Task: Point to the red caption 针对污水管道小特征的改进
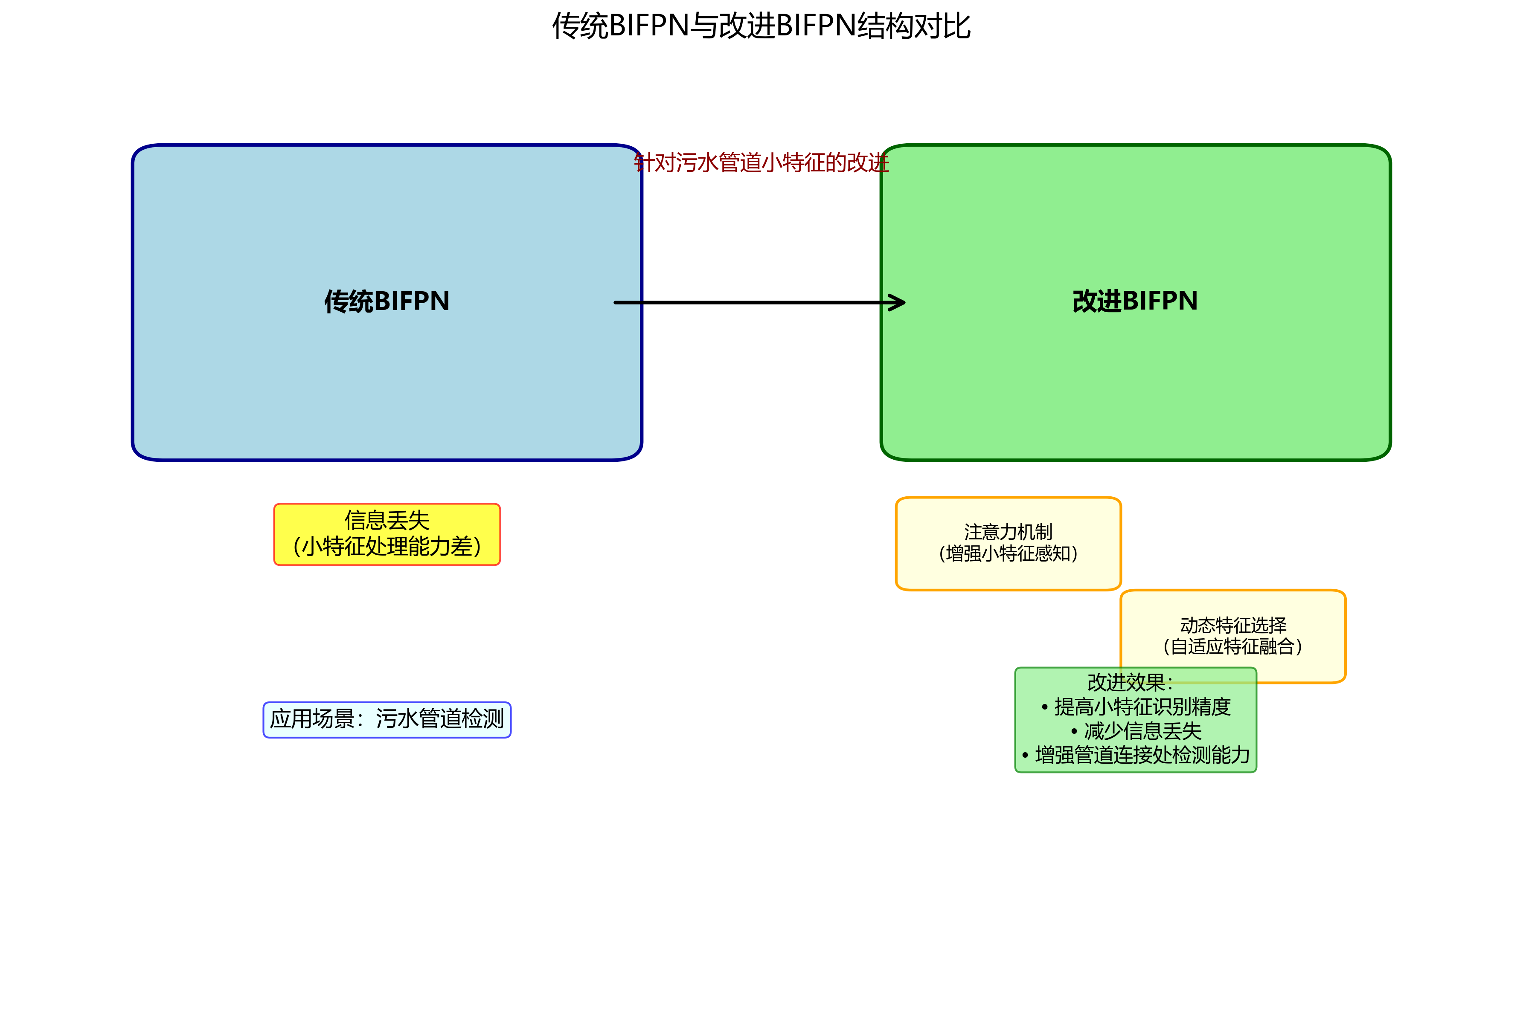point(761,162)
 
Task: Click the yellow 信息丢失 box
point(387,535)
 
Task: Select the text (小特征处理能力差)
point(387,547)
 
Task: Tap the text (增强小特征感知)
point(1008,554)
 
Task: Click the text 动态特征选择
point(1233,625)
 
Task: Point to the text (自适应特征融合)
point(1233,647)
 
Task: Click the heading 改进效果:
point(1130,682)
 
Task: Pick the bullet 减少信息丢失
point(1142,731)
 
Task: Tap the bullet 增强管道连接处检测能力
point(1142,755)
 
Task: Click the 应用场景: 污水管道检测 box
point(387,720)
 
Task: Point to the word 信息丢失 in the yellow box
point(387,520)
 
